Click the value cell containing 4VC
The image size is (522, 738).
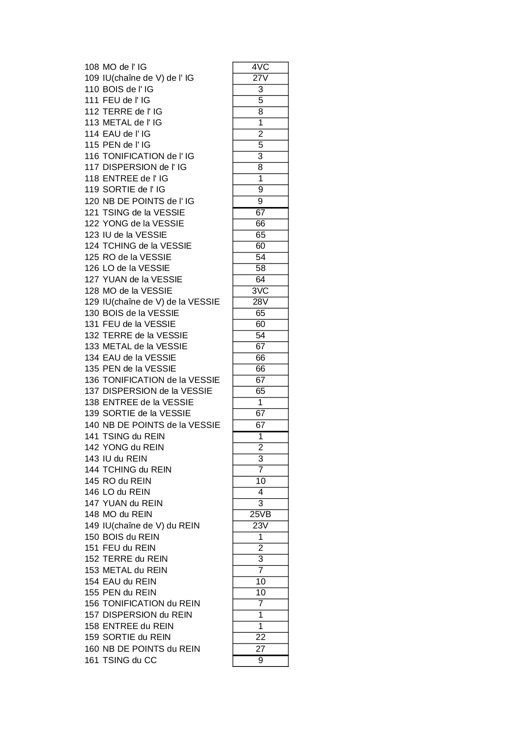[x=260, y=67]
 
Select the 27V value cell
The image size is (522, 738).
[x=260, y=78]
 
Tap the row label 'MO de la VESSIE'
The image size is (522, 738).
[x=137, y=291]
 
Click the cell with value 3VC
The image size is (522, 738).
[x=260, y=291]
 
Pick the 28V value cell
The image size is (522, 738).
[x=260, y=302]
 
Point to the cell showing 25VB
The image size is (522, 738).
[x=260, y=514]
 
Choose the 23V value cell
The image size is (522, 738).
[x=260, y=526]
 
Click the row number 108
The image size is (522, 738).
[x=92, y=67]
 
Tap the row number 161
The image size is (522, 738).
[x=92, y=660]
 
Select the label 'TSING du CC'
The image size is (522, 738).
[x=130, y=660]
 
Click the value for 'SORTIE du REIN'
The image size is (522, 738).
[x=260, y=637]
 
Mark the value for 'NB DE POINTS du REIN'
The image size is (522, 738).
[x=260, y=649]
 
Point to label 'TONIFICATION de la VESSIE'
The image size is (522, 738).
[x=161, y=380]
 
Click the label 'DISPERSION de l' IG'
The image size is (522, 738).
[x=144, y=167]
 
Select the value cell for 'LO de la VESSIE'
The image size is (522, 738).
[x=260, y=268]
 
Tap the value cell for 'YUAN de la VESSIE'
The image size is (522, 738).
[x=260, y=279]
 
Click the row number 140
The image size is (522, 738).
[x=92, y=425]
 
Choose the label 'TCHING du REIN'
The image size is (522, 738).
[x=137, y=470]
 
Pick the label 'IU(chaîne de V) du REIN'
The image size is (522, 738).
[x=151, y=526]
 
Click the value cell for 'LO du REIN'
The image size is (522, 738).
[x=260, y=492]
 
